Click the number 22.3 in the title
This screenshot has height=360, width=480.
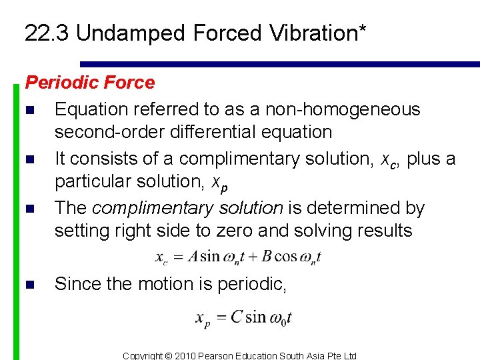(47, 33)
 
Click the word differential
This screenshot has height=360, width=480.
(200, 131)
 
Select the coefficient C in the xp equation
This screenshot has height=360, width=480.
(236, 317)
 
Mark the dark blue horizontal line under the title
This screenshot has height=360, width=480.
(280, 64)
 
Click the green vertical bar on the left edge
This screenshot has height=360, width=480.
(17, 220)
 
